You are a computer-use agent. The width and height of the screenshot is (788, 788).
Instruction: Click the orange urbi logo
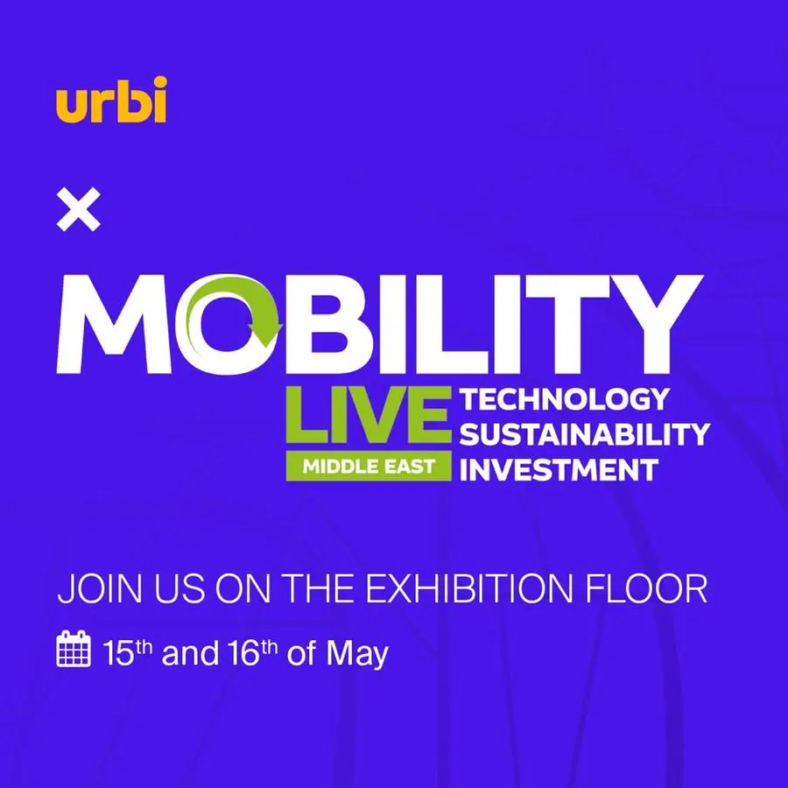point(111,101)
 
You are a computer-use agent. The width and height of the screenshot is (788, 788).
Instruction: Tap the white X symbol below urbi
point(79,211)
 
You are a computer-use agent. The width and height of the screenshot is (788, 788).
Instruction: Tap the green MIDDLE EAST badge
point(369,466)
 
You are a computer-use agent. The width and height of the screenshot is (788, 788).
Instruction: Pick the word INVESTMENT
point(558,469)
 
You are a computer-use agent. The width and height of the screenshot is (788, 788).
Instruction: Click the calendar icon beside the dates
point(74,651)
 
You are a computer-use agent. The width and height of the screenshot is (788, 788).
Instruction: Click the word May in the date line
point(355,654)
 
